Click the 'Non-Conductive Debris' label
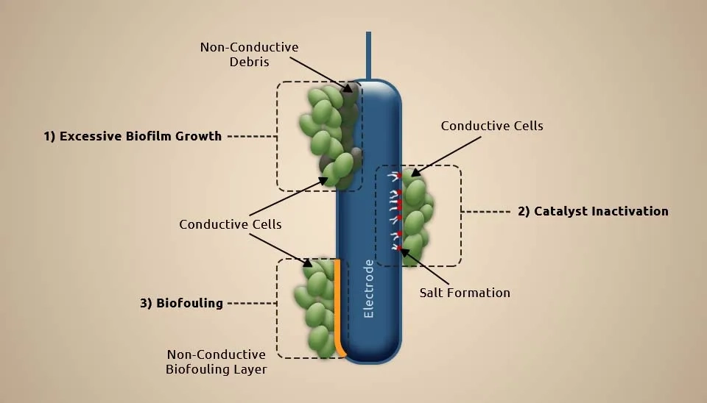point(249,54)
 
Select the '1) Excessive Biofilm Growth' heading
point(133,136)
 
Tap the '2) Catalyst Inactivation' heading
point(593,211)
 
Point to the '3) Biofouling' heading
point(181,302)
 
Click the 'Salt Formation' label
point(465,293)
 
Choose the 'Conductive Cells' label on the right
point(492,126)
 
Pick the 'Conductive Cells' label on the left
point(230,224)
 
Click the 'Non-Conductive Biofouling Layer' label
point(217,362)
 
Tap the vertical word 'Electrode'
point(369,288)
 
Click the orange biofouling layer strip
point(338,302)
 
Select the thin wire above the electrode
point(368,55)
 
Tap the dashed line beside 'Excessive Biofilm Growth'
point(250,136)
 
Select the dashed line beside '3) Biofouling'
point(250,303)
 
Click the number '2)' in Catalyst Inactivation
point(524,211)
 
